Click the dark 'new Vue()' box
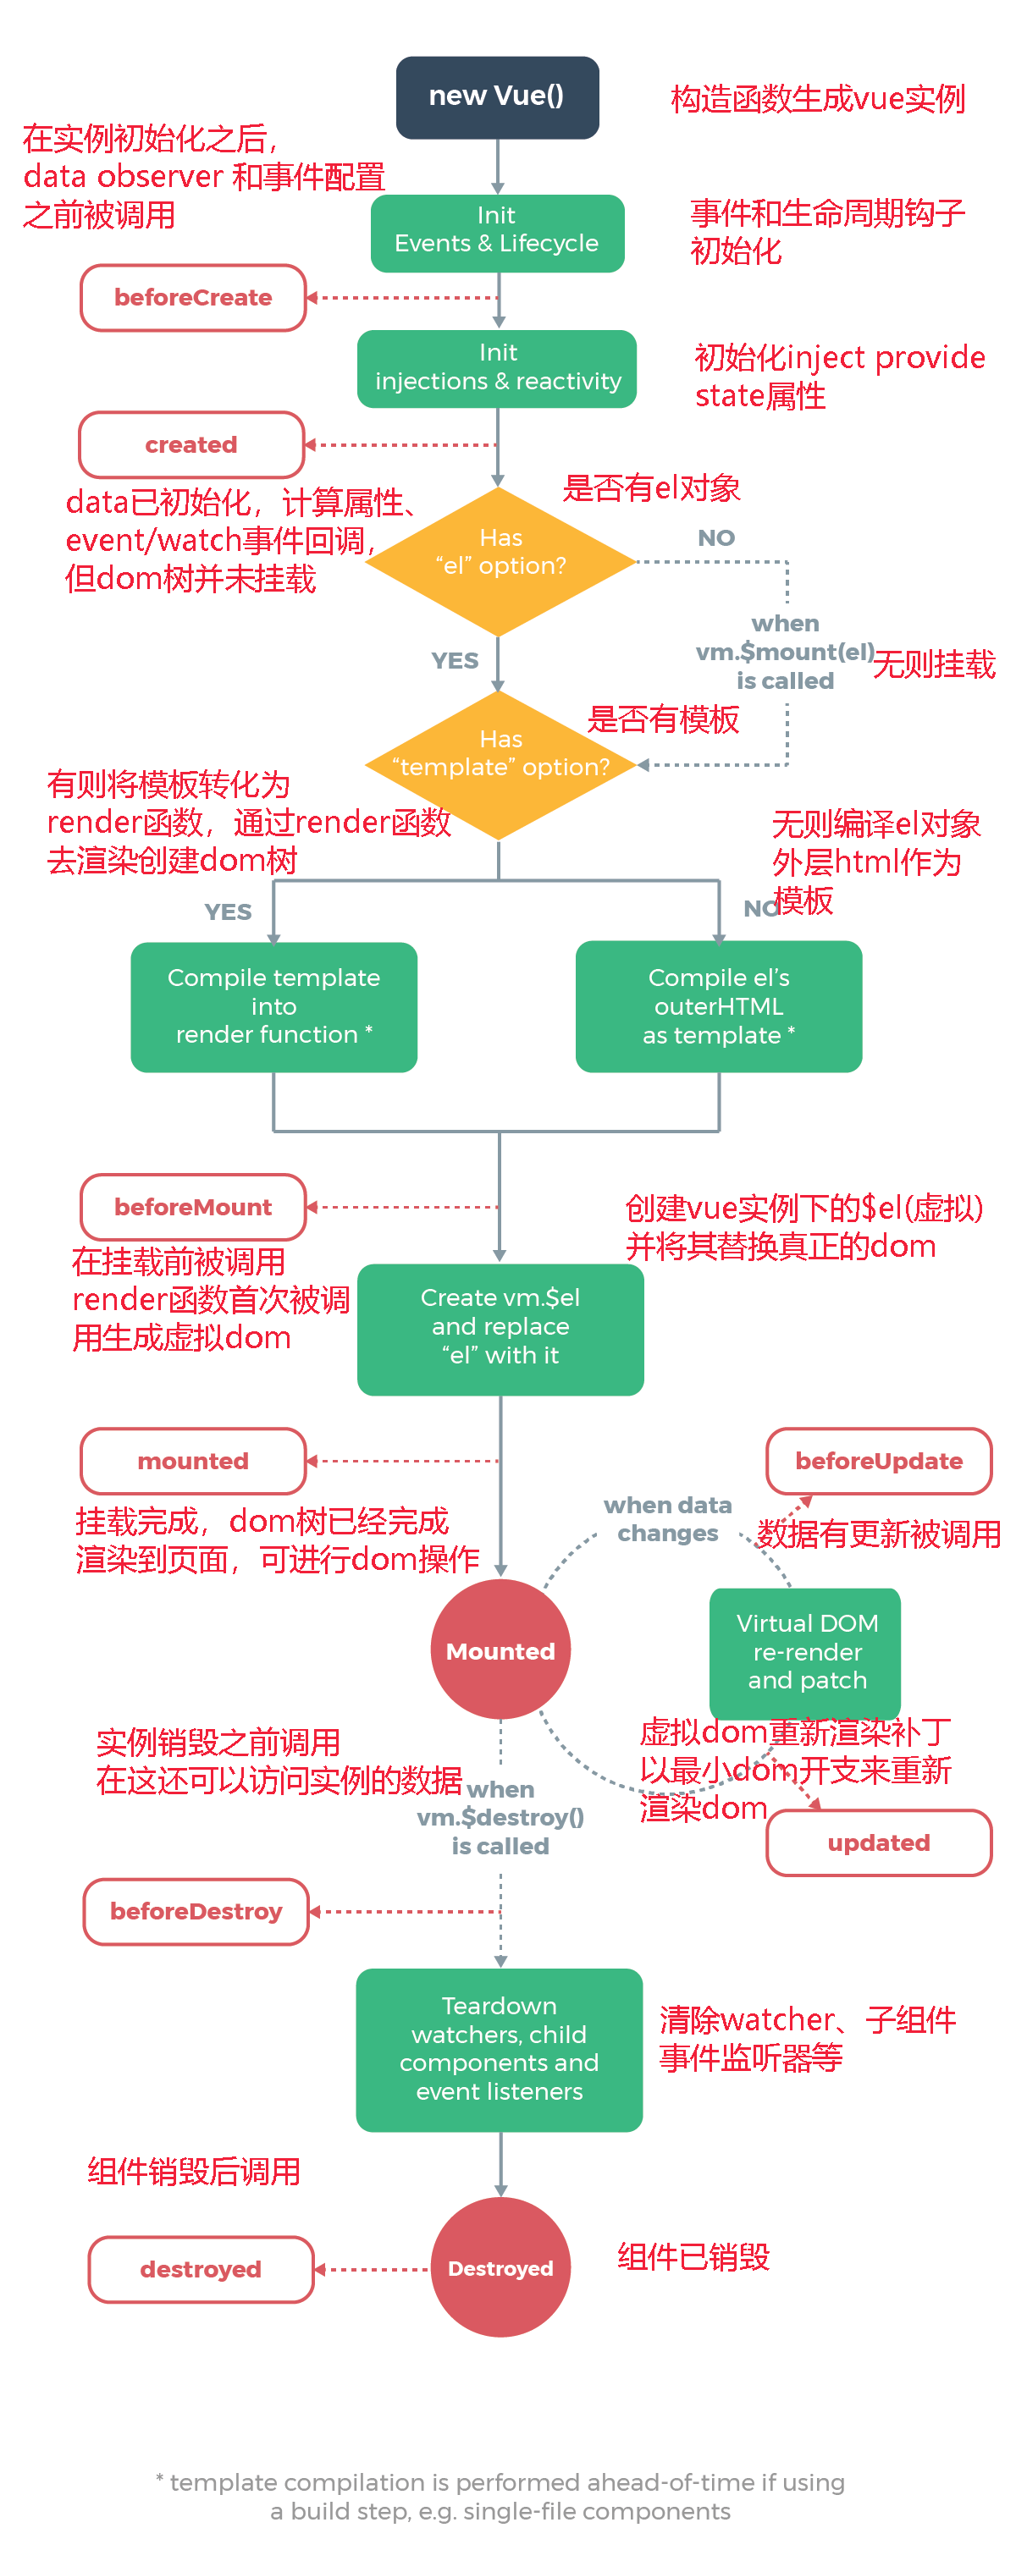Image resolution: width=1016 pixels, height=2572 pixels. click(496, 96)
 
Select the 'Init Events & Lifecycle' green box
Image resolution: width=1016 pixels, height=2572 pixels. click(496, 233)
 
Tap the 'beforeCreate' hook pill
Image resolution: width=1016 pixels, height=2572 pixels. click(193, 298)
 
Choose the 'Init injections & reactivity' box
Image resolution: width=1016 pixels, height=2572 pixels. click(496, 368)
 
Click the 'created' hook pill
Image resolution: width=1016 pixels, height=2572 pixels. click(190, 444)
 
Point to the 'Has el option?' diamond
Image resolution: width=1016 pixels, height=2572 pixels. click(500, 560)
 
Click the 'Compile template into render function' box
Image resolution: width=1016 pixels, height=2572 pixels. click(273, 1006)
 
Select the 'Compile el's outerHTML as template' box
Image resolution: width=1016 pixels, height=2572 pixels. click(718, 1006)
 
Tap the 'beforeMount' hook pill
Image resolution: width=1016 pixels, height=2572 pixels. click(193, 1206)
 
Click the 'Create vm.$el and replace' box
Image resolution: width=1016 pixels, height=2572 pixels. click(500, 1328)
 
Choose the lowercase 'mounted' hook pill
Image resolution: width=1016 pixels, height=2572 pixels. click(193, 1461)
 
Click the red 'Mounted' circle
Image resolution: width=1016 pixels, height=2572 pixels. click(500, 1649)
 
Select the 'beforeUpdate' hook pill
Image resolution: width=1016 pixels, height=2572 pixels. click(878, 1461)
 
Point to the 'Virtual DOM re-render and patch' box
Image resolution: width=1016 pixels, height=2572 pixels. click(805, 1651)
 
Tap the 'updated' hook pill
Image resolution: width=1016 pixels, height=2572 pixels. click(878, 1842)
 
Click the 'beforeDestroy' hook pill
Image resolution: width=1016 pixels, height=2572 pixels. click(196, 1911)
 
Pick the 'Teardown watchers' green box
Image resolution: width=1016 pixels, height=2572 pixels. click(499, 2049)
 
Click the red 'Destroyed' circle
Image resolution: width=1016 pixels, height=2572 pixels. click(500, 2267)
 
